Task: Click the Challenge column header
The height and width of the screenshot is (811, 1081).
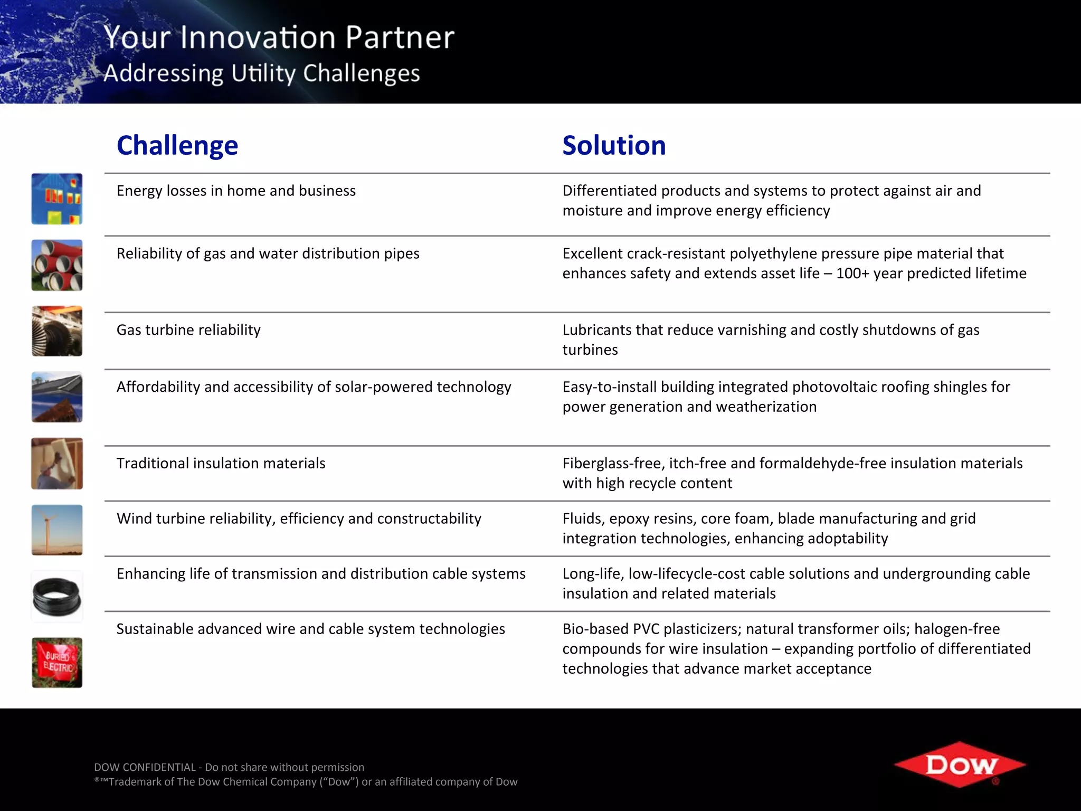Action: pyautogui.click(x=177, y=145)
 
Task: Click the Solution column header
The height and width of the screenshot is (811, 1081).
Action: pyautogui.click(x=614, y=145)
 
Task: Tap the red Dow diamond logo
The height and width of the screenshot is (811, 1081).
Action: pyautogui.click(x=960, y=765)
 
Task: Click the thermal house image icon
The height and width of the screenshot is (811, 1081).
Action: pyautogui.click(x=57, y=199)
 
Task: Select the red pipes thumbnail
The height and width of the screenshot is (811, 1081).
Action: pyautogui.click(x=57, y=265)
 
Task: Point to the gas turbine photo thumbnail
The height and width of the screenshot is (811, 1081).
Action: pyautogui.click(x=57, y=331)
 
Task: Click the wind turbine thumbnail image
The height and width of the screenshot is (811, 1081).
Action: pyautogui.click(x=57, y=530)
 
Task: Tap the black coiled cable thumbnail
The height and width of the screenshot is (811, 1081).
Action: pyautogui.click(x=57, y=597)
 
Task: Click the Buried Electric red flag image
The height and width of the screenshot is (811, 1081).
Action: pyautogui.click(x=57, y=662)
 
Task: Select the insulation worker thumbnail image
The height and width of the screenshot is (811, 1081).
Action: pyautogui.click(x=57, y=464)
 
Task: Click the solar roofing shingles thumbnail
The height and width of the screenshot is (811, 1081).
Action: pyautogui.click(x=57, y=397)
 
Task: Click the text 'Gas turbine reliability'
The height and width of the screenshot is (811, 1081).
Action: pyautogui.click(x=188, y=330)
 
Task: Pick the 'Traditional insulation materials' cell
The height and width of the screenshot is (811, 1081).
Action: pyautogui.click(x=221, y=463)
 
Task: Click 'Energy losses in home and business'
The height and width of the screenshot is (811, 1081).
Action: pyautogui.click(x=236, y=191)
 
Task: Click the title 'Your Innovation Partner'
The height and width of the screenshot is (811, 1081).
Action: pyautogui.click(x=279, y=37)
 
